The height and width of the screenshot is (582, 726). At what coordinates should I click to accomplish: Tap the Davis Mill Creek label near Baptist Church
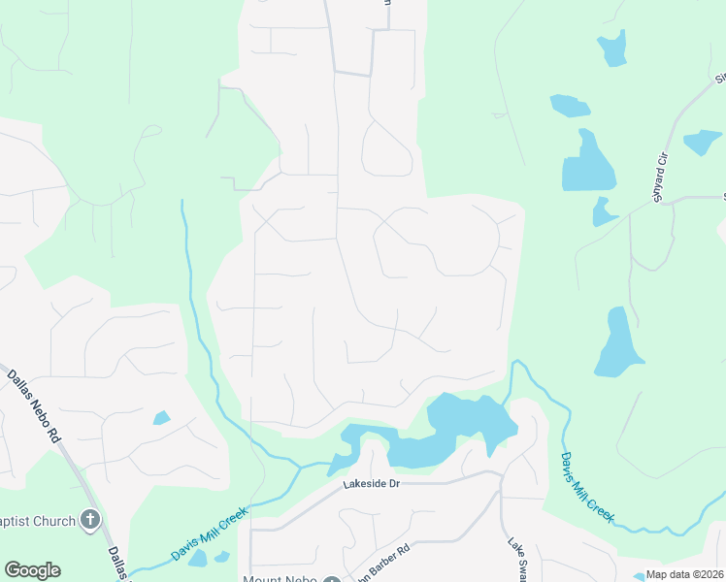205,535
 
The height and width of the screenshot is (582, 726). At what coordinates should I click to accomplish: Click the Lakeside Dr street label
371,483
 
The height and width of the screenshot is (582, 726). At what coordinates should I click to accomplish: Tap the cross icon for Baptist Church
90,521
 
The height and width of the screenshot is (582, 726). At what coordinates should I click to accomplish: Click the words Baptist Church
39,521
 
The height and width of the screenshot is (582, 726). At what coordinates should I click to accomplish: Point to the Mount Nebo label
280,579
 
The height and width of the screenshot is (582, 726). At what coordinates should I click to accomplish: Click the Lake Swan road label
513,558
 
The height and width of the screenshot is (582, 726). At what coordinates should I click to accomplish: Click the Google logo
32,570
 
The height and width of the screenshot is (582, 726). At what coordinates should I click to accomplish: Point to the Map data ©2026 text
685,574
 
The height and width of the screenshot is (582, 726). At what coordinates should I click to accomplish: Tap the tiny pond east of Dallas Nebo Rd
161,418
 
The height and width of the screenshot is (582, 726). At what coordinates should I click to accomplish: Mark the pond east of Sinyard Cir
701,142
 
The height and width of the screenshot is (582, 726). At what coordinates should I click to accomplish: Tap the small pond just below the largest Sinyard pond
603,211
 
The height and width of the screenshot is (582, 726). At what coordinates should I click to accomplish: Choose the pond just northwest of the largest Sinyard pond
570,105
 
